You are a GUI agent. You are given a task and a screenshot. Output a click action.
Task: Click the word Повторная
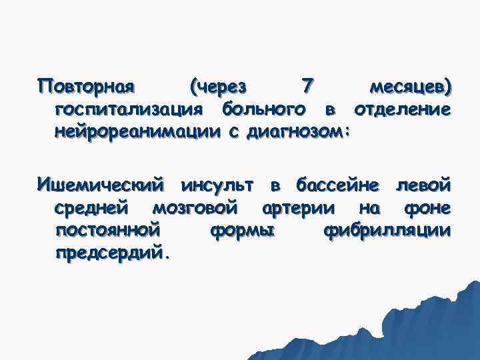pos(87,88)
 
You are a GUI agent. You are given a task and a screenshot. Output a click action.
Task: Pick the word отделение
pos(401,109)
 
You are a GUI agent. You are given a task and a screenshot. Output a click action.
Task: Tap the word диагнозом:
pos(299,131)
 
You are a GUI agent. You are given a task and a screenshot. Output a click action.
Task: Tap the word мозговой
pos(195,207)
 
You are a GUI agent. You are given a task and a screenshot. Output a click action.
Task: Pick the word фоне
pos(427,207)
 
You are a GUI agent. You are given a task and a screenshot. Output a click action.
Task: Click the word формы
pos(241,231)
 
